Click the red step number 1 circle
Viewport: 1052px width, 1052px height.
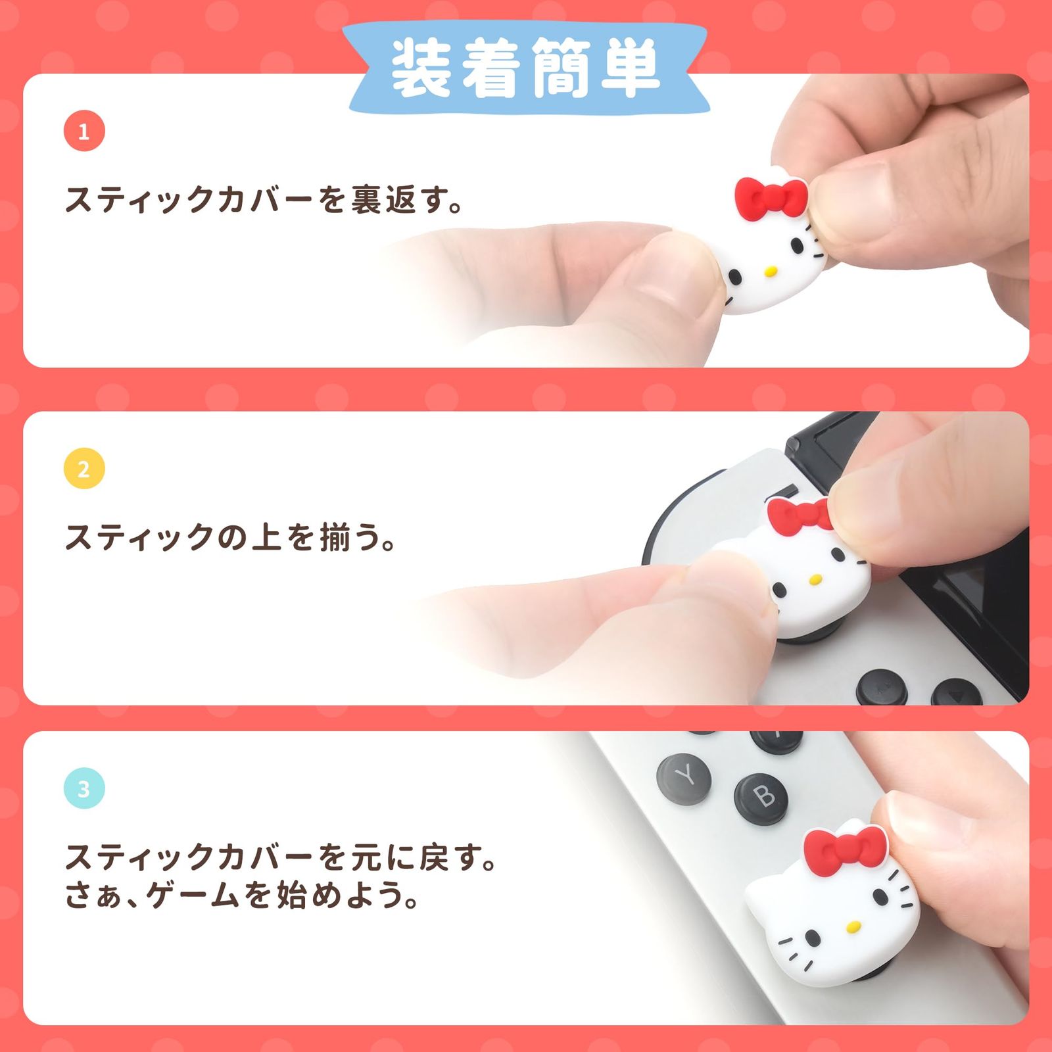[84, 131]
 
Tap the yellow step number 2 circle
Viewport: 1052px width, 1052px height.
[84, 469]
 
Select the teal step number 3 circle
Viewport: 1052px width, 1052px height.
[84, 788]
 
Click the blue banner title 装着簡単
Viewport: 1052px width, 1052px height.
[525, 68]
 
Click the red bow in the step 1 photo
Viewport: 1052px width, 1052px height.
[771, 198]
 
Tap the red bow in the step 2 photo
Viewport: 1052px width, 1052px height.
[800, 515]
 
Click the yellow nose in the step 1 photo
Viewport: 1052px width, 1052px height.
[771, 270]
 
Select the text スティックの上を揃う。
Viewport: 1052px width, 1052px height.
[230, 537]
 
